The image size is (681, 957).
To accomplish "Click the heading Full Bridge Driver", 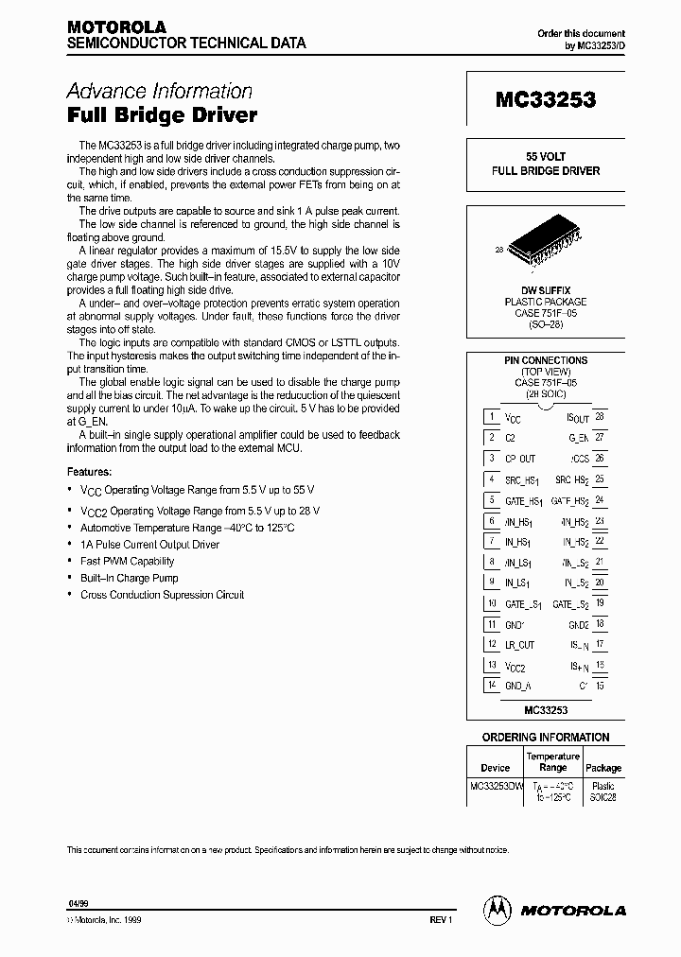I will tap(162, 116).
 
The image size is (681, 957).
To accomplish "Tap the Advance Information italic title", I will tap(159, 91).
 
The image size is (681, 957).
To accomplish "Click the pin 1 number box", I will tap(492, 416).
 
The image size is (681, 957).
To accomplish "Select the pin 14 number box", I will tap(492, 685).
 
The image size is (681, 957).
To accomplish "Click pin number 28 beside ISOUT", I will tap(600, 416).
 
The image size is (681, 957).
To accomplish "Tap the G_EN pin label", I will tap(578, 437).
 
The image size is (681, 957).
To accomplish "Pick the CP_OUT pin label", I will tap(519, 458).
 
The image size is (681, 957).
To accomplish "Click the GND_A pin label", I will tap(519, 685).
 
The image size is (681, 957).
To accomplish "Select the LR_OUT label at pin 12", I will tap(519, 644).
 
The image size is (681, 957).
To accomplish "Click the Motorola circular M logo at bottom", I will tap(497, 910).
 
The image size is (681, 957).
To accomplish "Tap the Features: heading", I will tap(89, 471).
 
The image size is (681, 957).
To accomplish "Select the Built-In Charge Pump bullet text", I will tap(130, 578).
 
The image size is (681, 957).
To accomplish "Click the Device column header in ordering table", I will tap(495, 768).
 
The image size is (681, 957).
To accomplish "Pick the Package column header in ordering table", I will tap(603, 768).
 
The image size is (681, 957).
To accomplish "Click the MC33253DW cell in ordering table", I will tap(497, 786).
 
